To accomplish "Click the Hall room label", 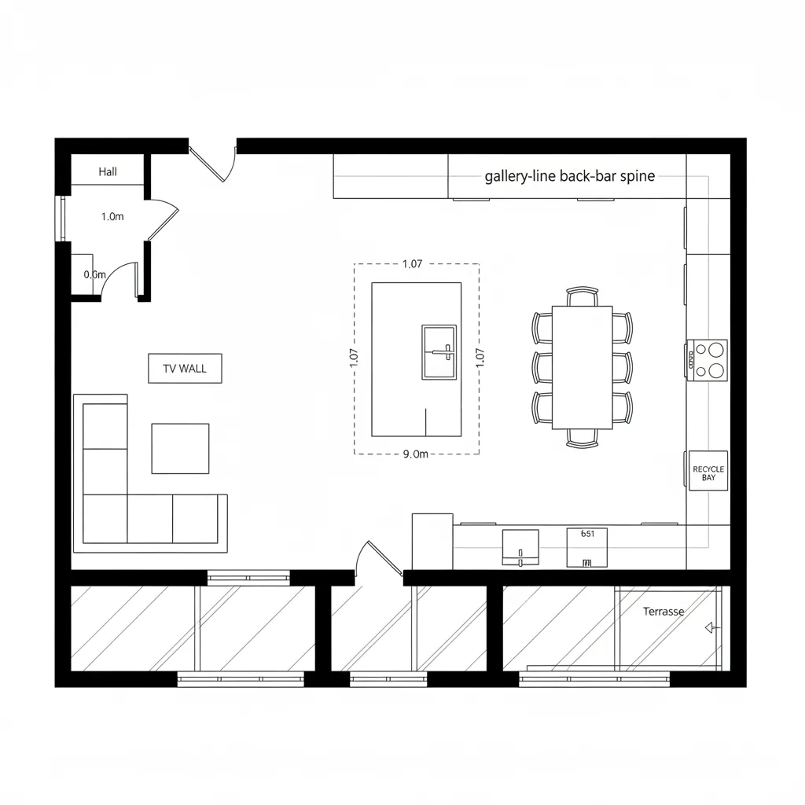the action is click(108, 171).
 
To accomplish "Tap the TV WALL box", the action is click(185, 368).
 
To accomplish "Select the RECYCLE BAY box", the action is click(708, 471).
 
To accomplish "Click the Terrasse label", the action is click(663, 612).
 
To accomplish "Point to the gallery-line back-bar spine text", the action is click(569, 176).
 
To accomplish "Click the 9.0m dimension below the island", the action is click(415, 454).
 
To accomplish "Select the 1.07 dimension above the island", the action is click(412, 264).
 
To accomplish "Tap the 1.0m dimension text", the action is click(112, 217).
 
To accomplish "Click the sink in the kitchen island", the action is click(439, 352).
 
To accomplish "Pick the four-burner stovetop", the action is click(708, 360).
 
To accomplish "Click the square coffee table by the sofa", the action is click(180, 449).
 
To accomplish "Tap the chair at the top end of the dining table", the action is click(583, 296).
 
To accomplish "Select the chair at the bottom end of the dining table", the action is click(583, 438).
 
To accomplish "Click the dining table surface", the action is click(583, 367).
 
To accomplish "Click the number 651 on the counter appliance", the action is click(587, 534).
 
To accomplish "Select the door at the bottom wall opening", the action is click(379, 558).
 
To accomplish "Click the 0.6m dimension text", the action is click(94, 274).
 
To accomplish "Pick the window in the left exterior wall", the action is click(63, 219).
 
